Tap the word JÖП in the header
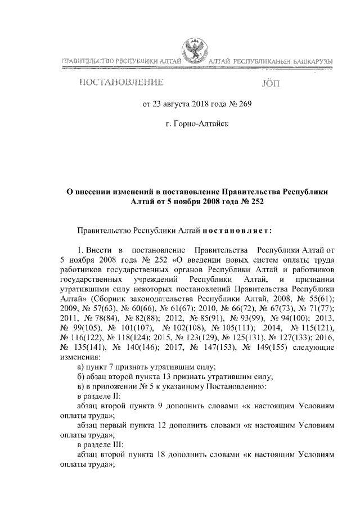[x=270, y=84]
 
